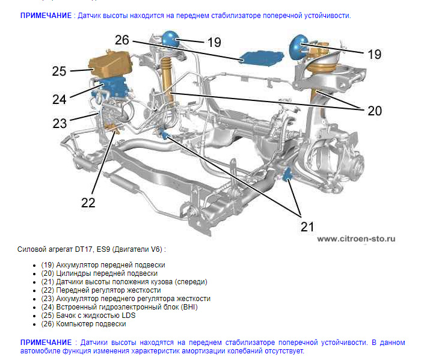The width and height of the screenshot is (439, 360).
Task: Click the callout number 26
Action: point(122,40)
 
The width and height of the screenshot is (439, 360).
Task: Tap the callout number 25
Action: point(58,71)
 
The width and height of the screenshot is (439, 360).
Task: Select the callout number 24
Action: point(58,98)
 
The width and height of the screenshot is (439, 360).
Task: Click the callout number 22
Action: point(88,203)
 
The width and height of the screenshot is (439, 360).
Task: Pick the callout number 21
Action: point(307,226)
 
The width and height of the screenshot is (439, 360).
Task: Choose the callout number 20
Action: point(374,111)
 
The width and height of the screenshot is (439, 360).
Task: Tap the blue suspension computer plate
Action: point(259,57)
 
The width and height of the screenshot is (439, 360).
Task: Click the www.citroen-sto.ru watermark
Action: point(356,238)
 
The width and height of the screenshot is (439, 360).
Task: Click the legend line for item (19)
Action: point(103,264)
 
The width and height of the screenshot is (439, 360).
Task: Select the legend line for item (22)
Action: point(103,290)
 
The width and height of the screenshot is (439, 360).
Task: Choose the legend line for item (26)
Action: point(91,324)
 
